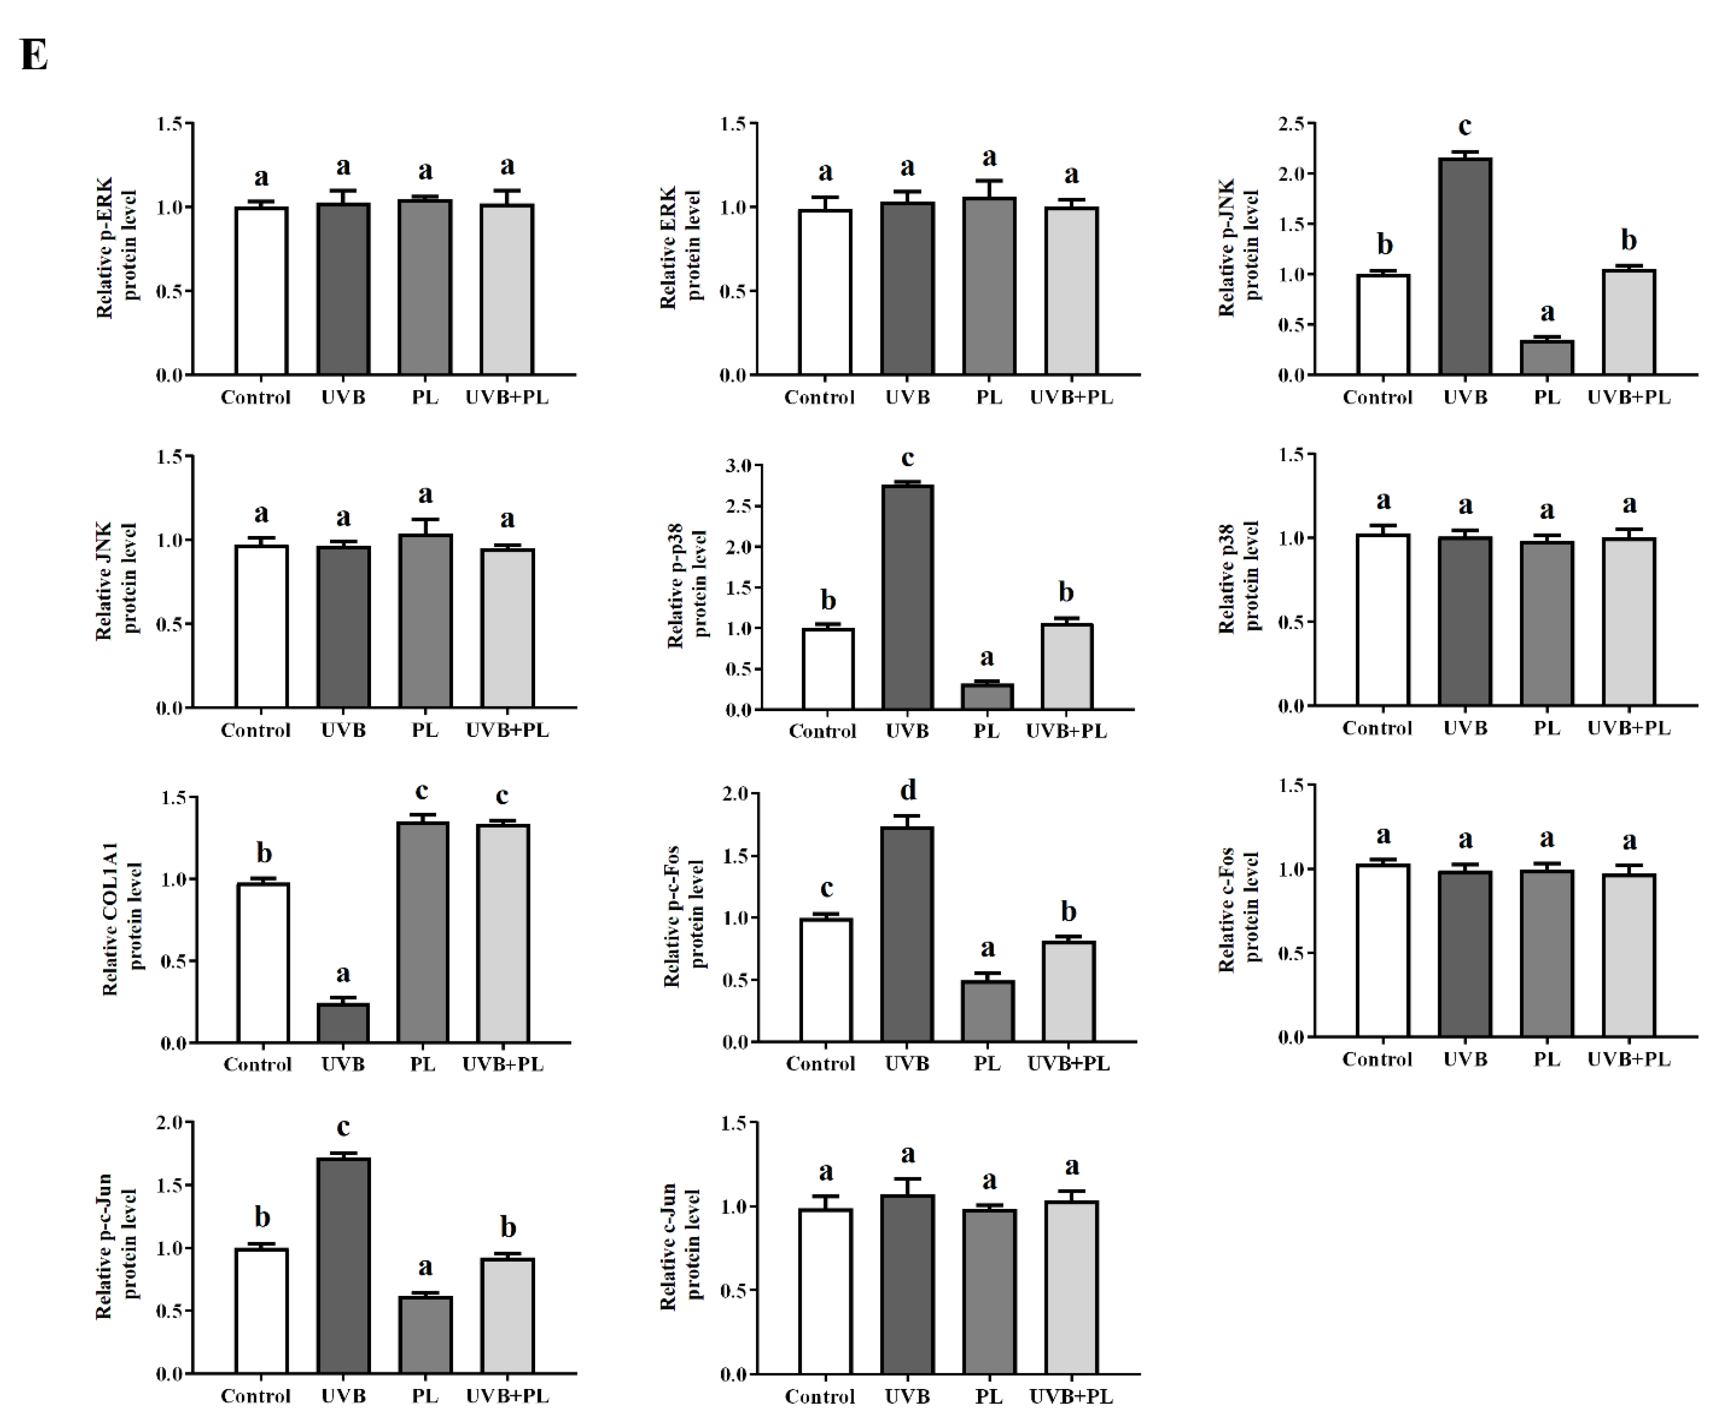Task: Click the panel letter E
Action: click(x=34, y=56)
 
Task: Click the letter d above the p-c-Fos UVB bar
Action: click(x=907, y=790)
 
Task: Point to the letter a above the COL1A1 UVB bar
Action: click(x=343, y=974)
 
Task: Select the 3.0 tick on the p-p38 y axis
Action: click(x=738, y=466)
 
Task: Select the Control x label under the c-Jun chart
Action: click(x=820, y=1397)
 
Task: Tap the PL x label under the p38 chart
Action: click(x=1547, y=728)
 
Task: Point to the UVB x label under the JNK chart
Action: click(x=343, y=730)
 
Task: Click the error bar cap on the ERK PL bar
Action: click(x=989, y=180)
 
